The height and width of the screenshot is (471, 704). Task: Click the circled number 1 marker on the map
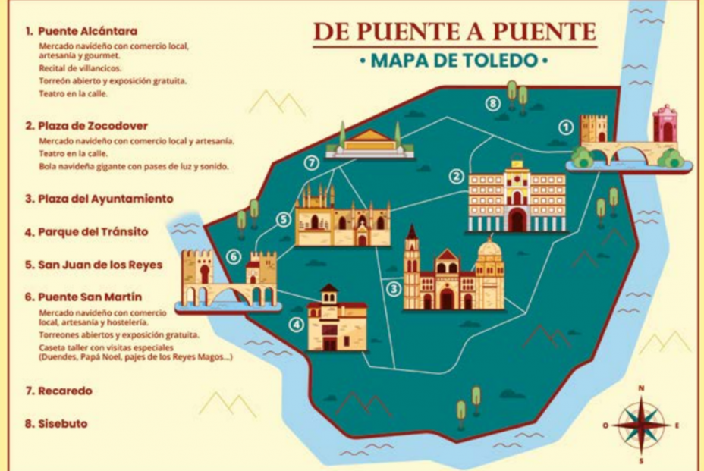[564, 127]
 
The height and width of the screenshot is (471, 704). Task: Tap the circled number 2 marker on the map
[456, 177]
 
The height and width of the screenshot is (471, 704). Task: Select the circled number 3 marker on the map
[393, 288]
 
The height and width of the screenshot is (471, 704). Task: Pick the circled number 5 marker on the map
[283, 220]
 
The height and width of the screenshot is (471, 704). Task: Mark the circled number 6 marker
[234, 257]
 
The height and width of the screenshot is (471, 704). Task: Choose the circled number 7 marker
[310, 162]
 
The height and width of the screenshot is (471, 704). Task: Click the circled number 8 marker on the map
[494, 103]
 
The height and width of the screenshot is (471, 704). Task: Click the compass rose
[641, 425]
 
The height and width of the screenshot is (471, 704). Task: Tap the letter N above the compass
[641, 388]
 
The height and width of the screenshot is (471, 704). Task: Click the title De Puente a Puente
[454, 31]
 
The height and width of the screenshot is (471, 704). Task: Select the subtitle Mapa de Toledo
[454, 60]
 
